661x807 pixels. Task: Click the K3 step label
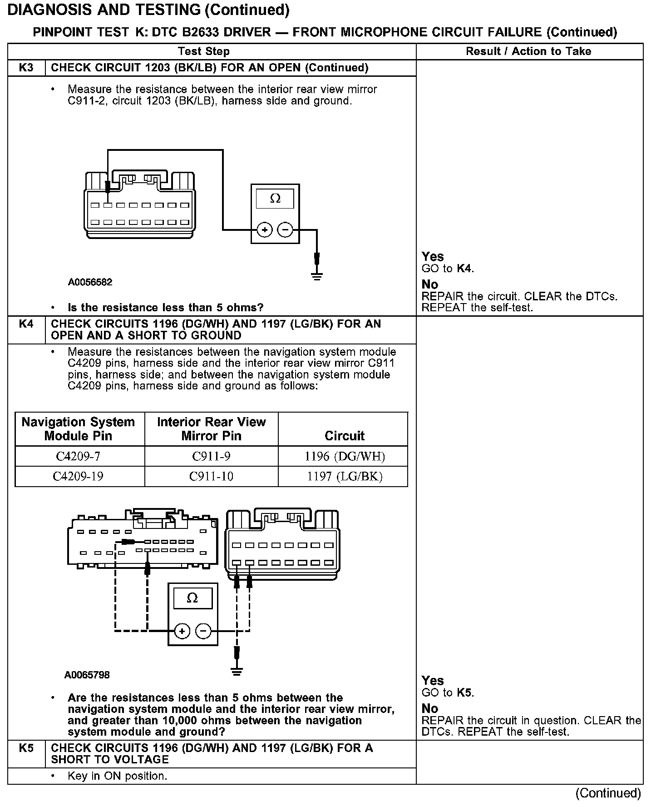pos(26,68)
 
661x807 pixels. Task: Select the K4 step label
pos(26,324)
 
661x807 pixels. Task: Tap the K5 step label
pos(26,748)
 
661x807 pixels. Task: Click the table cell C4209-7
pos(79,456)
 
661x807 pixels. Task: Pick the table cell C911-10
pos(211,476)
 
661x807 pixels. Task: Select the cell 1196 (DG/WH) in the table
pos(344,456)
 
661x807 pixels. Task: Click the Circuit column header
pos(344,436)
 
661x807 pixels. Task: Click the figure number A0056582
pos(90,282)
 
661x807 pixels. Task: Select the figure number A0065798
pos(87,675)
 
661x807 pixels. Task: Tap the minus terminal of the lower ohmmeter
pos(203,631)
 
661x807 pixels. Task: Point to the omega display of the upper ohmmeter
pos(275,199)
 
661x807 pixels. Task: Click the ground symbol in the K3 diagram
pos(317,275)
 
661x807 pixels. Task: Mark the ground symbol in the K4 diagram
pos(237,671)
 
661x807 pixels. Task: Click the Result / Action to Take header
pos(528,51)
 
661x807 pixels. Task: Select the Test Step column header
pos(204,51)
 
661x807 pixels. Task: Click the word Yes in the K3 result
pos(432,257)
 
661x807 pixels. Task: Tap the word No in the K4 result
pos(429,708)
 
